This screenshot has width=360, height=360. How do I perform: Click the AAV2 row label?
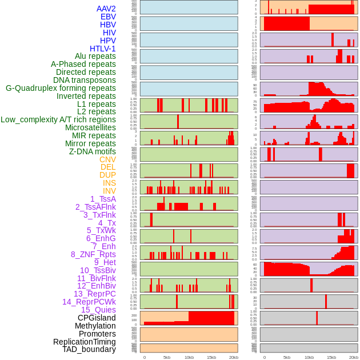click(x=106, y=9)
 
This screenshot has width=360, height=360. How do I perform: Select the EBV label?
click(x=108, y=17)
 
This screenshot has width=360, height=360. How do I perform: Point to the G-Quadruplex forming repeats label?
click(x=61, y=88)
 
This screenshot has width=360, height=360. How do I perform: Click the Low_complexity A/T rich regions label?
click(x=58, y=119)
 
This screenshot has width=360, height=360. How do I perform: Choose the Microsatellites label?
click(x=90, y=127)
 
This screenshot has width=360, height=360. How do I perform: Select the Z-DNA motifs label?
click(x=93, y=151)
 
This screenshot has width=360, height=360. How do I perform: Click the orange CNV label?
click(x=107, y=159)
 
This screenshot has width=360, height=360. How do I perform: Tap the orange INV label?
click(x=109, y=191)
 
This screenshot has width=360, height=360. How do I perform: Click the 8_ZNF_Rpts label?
click(x=93, y=254)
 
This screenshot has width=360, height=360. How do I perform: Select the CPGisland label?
click(x=97, y=318)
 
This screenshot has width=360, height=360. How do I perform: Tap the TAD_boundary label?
click(x=89, y=349)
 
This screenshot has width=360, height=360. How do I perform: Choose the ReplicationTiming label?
click(x=85, y=342)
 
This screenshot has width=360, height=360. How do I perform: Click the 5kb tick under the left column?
click(x=167, y=357)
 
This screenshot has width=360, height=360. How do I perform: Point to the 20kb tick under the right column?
click(x=354, y=357)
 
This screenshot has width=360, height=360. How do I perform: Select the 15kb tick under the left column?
click(x=211, y=357)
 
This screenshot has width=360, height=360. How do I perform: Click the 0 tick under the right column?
click(x=264, y=357)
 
